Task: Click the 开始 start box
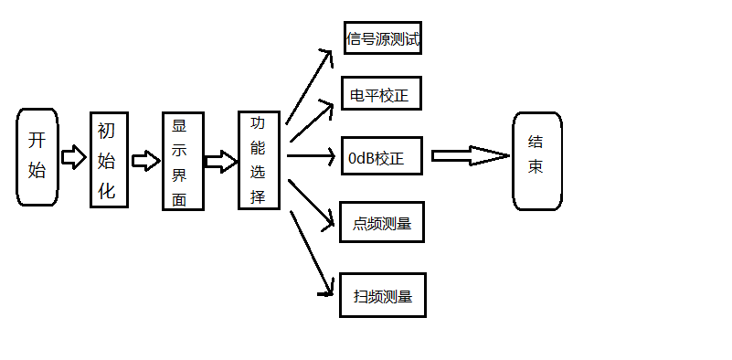(37, 156)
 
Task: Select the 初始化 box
(108, 160)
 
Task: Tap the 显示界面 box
(183, 162)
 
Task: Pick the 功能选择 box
(259, 160)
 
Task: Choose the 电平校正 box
(382, 95)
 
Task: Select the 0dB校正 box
(382, 156)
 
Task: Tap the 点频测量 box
(382, 222)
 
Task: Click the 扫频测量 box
(383, 295)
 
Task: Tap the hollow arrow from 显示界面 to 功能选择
(220, 162)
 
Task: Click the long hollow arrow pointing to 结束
(470, 156)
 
